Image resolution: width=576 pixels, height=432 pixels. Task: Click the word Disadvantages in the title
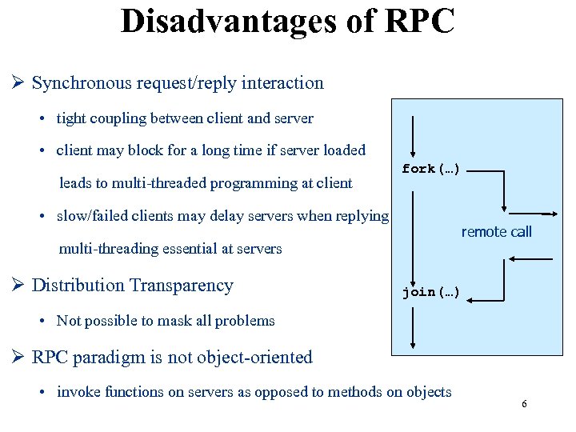pos(217,21)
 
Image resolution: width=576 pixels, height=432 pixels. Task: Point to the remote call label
pos(496,232)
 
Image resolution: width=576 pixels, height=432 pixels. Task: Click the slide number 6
pos(524,404)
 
